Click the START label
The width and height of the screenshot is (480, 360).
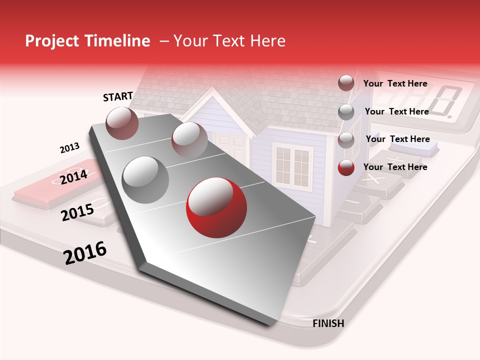pyautogui.click(x=118, y=96)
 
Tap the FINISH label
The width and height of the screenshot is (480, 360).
pyautogui.click(x=328, y=323)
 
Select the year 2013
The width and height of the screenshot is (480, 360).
pyautogui.click(x=69, y=148)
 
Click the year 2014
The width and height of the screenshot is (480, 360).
pyautogui.click(x=73, y=177)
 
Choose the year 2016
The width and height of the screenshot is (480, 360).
pyautogui.click(x=85, y=253)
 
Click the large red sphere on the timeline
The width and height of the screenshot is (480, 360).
pyautogui.click(x=216, y=207)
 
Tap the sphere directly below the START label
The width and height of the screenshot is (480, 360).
pyautogui.click(x=122, y=123)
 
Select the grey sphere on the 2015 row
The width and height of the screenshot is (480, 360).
pyautogui.click(x=145, y=179)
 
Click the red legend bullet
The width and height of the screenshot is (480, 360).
pyautogui.click(x=346, y=167)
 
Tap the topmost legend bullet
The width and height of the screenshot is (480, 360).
pyautogui.click(x=346, y=83)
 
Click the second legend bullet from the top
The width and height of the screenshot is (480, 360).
pyautogui.click(x=346, y=112)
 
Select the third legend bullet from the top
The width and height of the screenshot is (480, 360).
pyautogui.click(x=346, y=140)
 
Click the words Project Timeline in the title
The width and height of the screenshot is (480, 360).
pyautogui.click(x=87, y=41)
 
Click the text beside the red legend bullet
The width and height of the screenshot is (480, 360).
pyautogui.click(x=395, y=167)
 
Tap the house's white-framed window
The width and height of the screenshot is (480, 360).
pyautogui.click(x=291, y=165)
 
